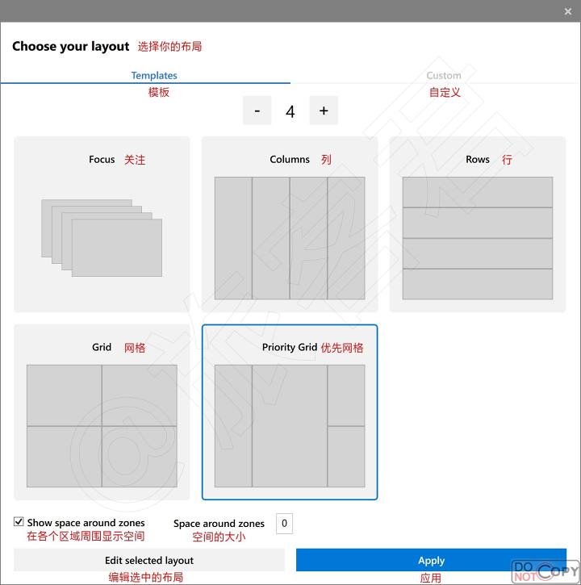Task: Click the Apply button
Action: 431,560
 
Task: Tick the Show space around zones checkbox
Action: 19,521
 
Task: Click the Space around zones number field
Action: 284,524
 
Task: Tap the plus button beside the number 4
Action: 324,111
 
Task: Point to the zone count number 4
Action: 290,111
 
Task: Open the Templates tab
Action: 154,75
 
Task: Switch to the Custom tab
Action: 444,75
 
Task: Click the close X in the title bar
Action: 568,11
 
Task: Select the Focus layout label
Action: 102,159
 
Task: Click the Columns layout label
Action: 290,159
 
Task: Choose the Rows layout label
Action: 478,159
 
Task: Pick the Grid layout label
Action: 102,347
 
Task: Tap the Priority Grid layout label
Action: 290,347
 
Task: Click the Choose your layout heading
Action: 70,46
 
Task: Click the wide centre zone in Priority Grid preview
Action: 290,426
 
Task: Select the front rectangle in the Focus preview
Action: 117,248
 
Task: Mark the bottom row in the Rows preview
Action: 478,284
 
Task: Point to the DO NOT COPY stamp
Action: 545,570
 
